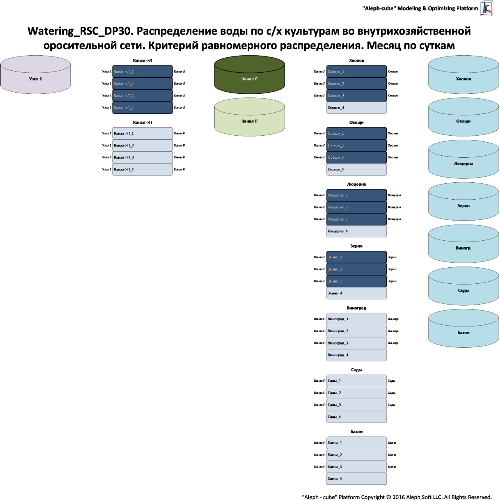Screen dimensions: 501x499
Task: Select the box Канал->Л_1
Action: point(143,72)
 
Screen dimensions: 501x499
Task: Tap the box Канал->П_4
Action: point(143,169)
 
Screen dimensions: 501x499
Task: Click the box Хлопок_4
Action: point(356,108)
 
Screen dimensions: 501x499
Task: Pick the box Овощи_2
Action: point(356,145)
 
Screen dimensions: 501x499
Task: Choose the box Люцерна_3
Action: point(356,219)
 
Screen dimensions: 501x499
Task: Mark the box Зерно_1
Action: point(356,257)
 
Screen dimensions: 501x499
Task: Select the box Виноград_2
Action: point(356,331)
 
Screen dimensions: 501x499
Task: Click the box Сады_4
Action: point(356,417)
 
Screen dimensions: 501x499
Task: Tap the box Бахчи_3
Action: point(356,467)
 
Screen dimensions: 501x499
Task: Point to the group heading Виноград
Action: point(356,308)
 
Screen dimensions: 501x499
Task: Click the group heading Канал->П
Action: point(143,122)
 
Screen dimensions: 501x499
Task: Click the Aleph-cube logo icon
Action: point(487,8)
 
